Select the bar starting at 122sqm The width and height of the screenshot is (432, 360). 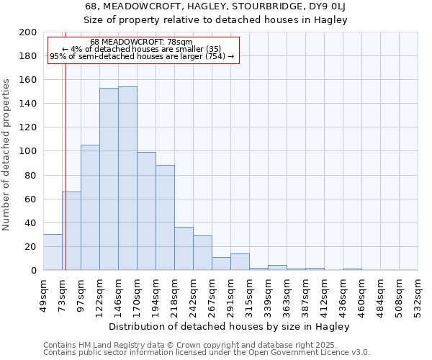[109, 179]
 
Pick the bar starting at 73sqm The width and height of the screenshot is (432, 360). [71, 230]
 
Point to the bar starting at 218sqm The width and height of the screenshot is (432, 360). [184, 248]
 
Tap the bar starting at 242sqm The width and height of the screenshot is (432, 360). [202, 253]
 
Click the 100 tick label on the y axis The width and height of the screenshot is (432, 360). [29, 151]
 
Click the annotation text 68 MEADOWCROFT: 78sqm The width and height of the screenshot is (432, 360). [142, 42]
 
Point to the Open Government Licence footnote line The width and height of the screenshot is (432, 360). [207, 352]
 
